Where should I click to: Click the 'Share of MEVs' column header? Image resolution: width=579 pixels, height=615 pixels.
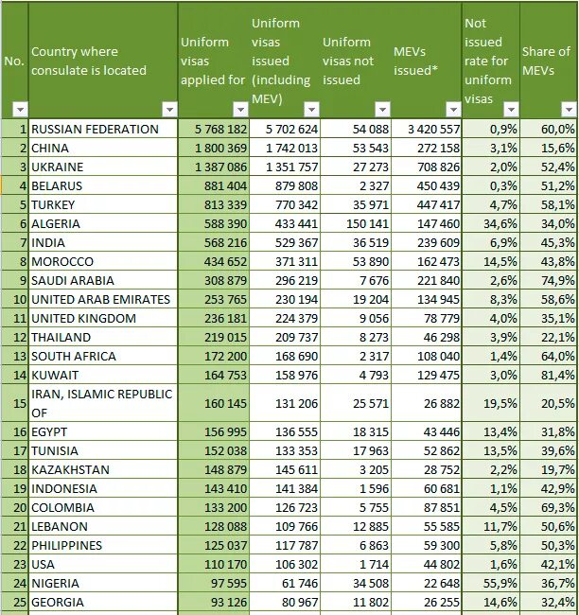[547, 61]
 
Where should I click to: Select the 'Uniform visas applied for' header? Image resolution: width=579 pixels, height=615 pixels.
[212, 61]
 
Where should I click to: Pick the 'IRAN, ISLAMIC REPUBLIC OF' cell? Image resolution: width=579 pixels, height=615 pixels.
[101, 403]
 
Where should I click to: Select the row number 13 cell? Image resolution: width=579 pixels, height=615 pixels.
[16, 356]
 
